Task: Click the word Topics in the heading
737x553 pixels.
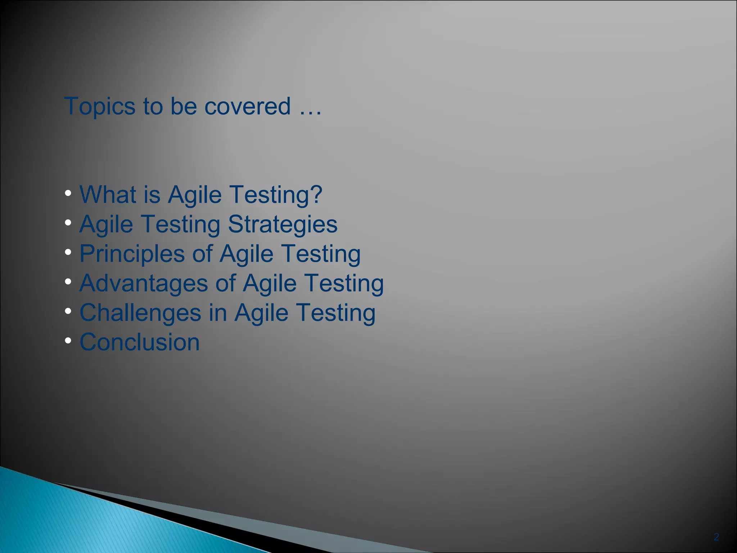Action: coord(100,107)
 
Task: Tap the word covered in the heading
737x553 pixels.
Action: coord(247,107)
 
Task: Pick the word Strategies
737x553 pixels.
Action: coord(282,225)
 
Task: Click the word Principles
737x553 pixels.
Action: coord(132,254)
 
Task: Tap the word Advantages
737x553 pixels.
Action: coord(143,283)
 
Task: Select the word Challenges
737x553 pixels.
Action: coord(140,313)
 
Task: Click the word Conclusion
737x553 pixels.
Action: coord(139,342)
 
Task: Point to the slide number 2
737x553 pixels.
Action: coord(716,537)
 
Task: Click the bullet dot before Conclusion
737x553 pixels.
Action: coord(68,341)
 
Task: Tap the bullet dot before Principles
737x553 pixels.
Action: coord(68,252)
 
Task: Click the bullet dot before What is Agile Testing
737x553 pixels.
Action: coord(68,193)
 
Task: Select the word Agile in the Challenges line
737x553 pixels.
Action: coord(261,313)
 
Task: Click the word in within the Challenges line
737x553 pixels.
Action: coord(218,313)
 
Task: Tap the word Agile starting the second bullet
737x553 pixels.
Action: coord(106,225)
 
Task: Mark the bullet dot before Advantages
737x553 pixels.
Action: coord(68,282)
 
